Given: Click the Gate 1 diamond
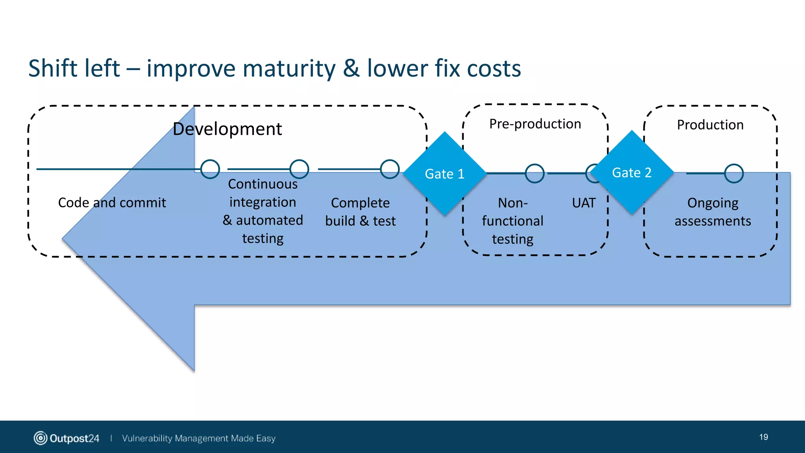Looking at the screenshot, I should pyautogui.click(x=445, y=173).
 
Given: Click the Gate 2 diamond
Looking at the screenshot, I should pyautogui.click(x=632, y=172).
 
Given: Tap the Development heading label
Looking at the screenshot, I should pyautogui.click(x=227, y=129).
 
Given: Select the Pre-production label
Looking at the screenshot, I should pyautogui.click(x=535, y=124).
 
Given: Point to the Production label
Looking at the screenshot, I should pyautogui.click(x=710, y=125).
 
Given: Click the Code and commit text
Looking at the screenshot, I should pyautogui.click(x=112, y=203).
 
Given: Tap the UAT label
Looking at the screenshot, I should pyautogui.click(x=584, y=203).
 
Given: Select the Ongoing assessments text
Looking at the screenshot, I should pyautogui.click(x=713, y=212).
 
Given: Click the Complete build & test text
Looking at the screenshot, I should pyautogui.click(x=360, y=212).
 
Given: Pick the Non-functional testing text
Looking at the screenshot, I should pyautogui.click(x=513, y=221).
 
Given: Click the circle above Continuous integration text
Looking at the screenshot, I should pyautogui.click(x=299, y=169).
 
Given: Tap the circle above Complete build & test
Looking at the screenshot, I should pyautogui.click(x=390, y=169).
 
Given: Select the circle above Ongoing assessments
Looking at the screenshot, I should pyautogui.click(x=733, y=173).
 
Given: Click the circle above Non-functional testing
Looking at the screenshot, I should pyautogui.click(x=535, y=173).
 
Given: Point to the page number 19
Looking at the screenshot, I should pyautogui.click(x=763, y=437).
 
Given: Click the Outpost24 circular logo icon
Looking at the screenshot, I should pyautogui.click(x=40, y=438).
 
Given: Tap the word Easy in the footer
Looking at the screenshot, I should pyautogui.click(x=266, y=438).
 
